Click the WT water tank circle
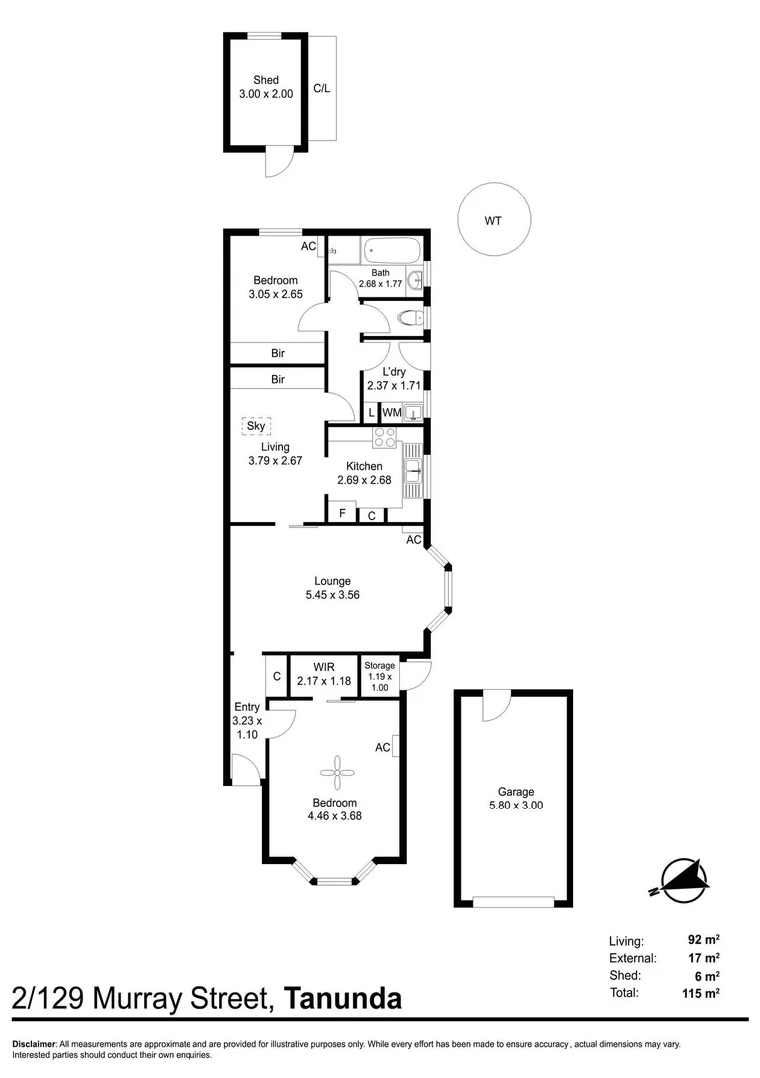pos(493,221)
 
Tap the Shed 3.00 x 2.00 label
pos(266,87)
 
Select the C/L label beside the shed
pos(322,88)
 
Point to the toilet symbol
pos(409,319)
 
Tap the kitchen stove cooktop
pos(385,438)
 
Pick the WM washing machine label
pos(391,412)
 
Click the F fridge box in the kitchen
pos(342,514)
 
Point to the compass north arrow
pos(682,876)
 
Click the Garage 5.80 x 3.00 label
pos(514,797)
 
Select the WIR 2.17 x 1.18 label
pos(323,674)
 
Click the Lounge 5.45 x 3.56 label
pos(332,587)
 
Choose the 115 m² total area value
pos(703,993)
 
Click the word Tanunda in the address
pos(343,998)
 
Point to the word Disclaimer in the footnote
pos(34,1044)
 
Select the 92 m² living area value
pos(703,940)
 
